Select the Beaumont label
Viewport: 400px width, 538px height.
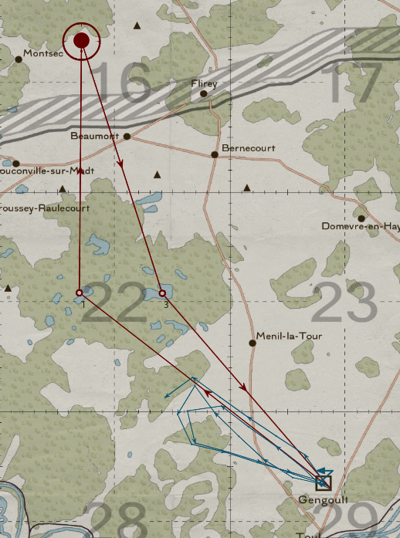94,136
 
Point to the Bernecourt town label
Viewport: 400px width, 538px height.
248,147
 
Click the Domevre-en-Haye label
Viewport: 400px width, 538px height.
361,226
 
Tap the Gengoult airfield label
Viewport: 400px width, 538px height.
318,500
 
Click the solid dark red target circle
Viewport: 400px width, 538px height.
81,41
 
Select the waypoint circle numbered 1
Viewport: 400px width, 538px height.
80,293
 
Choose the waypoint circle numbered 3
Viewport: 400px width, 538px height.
162,293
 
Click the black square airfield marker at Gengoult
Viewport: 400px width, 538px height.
324,482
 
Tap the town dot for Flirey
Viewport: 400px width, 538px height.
204,94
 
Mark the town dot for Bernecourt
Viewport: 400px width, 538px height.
215,154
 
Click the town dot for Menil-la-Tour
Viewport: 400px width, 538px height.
253,343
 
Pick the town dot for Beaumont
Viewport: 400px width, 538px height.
127,137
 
